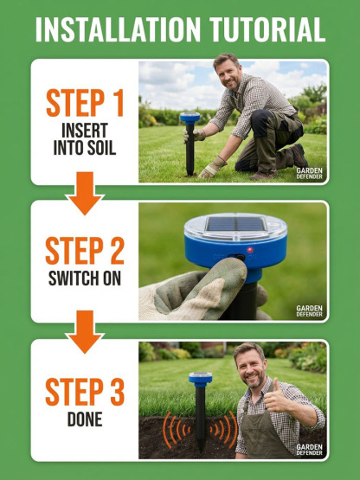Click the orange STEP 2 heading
point(85,250)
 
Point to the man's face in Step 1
point(227,70)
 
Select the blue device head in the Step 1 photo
point(190,118)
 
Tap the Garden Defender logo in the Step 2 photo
point(310,310)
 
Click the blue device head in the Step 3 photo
point(200,380)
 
